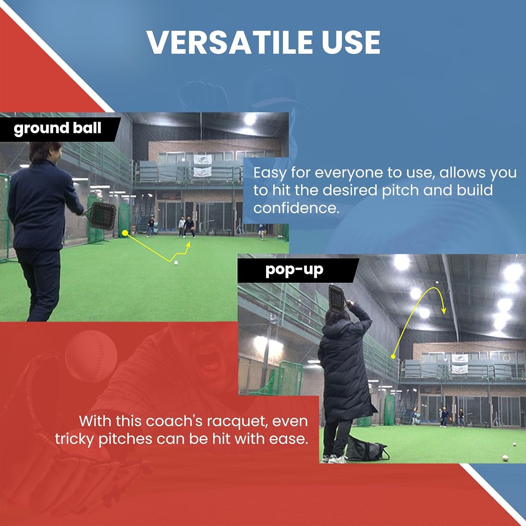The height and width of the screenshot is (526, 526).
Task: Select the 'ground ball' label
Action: point(58,128)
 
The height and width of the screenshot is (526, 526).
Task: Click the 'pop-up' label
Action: point(294,270)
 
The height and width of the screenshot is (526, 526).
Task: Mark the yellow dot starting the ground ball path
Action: point(124,232)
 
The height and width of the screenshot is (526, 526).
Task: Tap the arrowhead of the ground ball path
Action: point(189,245)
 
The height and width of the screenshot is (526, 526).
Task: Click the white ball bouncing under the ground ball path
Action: point(176,263)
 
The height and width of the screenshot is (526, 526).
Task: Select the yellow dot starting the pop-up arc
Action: point(393,357)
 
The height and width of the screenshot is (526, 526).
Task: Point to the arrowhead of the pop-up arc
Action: point(444,311)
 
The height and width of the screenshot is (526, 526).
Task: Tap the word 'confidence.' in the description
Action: point(296,208)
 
